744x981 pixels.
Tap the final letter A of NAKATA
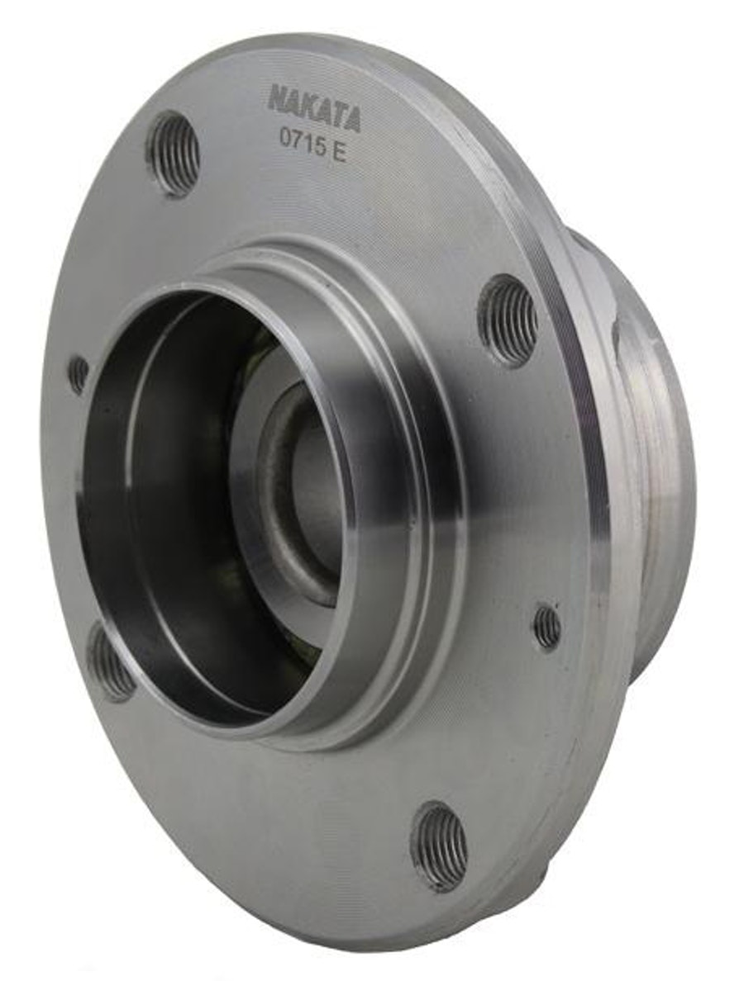pyautogui.click(x=353, y=120)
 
